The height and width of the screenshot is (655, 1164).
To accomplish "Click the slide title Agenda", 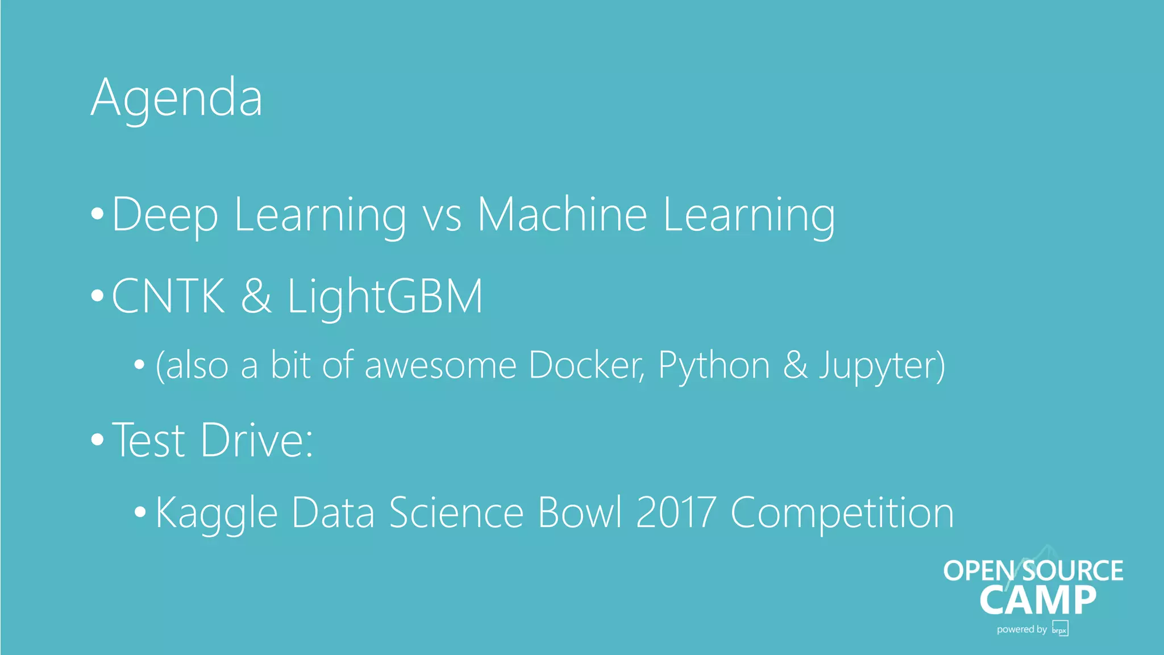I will point(176,98).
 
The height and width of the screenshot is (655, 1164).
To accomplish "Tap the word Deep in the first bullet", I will point(165,215).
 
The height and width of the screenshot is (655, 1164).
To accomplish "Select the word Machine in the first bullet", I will point(562,215).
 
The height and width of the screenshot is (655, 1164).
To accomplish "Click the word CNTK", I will point(168,296).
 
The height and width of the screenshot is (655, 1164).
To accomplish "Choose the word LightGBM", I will point(385,296).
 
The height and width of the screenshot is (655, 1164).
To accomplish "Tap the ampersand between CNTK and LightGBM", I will point(256,296).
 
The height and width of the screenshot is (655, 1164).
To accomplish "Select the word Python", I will point(714,366).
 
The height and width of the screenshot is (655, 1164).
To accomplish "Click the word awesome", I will point(440,366).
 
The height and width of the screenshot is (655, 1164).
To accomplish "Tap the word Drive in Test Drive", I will point(256,440).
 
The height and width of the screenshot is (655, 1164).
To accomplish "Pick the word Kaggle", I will point(216,513).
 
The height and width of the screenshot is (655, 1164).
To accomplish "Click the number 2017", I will point(675,513).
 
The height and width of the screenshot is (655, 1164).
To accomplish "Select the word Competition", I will point(842,513).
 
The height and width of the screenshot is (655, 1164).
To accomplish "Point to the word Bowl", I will point(580,513).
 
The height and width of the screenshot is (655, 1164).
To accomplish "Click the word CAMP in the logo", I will point(1038,600).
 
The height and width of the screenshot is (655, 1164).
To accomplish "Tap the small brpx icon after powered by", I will point(1060,629).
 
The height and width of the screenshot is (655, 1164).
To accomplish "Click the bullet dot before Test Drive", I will point(97,440).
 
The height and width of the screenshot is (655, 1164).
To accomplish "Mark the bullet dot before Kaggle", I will point(140,512).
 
